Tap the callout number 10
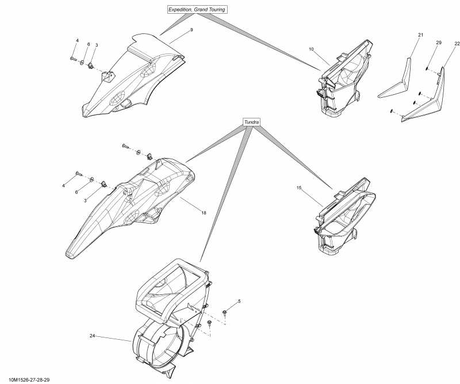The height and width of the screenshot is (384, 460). (x=311, y=49)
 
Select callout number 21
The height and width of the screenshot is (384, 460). (x=420, y=36)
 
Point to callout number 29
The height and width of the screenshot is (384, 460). (x=439, y=43)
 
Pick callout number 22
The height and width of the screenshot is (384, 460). (x=457, y=44)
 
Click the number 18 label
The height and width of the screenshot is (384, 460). (x=204, y=213)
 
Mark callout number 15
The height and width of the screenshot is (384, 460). (x=299, y=188)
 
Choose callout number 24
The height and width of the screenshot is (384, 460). (x=92, y=335)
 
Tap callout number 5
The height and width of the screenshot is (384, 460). (x=239, y=301)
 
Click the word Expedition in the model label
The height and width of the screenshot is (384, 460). (x=182, y=9)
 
